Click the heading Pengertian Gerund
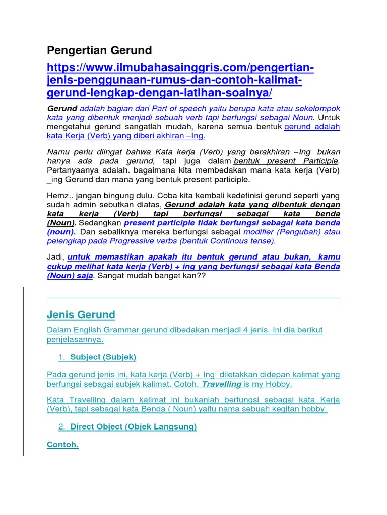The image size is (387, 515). [x=99, y=50]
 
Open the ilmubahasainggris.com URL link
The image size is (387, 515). [x=180, y=80]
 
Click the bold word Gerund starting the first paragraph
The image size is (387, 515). [x=62, y=108]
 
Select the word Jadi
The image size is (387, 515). [x=55, y=257]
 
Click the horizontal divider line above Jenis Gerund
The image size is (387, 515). [x=193, y=298]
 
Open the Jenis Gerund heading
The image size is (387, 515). [x=81, y=315]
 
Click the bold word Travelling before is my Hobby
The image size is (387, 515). [x=222, y=384]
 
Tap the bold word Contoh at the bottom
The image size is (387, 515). [x=62, y=445]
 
